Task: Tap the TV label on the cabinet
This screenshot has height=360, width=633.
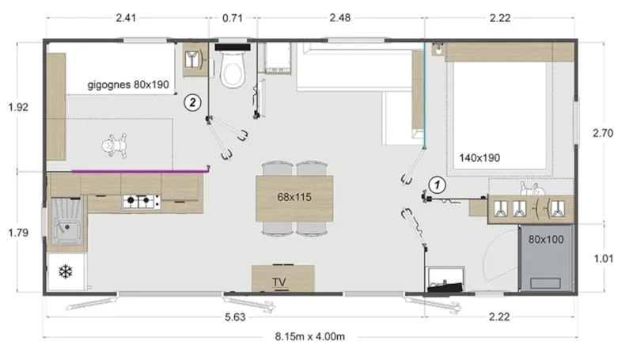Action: pyautogui.click(x=279, y=281)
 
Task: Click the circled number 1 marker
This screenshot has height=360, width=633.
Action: pyautogui.click(x=435, y=184)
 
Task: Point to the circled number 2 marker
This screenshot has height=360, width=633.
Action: pyautogui.click(x=191, y=100)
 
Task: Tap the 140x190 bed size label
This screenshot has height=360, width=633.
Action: pyautogui.click(x=479, y=157)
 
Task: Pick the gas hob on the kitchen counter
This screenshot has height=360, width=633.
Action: pyautogui.click(x=140, y=203)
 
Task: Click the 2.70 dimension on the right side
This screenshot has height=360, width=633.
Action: pyautogui.click(x=603, y=134)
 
